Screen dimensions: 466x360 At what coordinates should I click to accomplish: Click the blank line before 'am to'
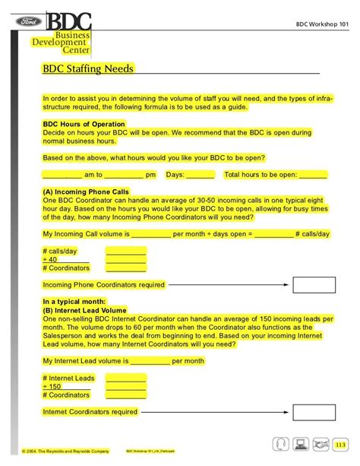[65, 176]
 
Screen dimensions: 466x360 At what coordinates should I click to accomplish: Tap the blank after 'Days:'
[200, 176]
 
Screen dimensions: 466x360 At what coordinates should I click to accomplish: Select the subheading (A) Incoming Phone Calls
[85, 192]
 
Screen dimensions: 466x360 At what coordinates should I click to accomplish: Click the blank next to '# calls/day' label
[125, 250]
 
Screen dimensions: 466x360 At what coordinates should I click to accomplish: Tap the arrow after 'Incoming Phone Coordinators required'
[228, 285]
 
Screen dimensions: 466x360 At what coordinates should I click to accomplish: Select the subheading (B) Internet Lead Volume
[84, 311]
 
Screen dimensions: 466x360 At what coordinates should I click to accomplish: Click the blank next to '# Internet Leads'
[125, 378]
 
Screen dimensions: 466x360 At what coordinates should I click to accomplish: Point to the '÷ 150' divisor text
[52, 386]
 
